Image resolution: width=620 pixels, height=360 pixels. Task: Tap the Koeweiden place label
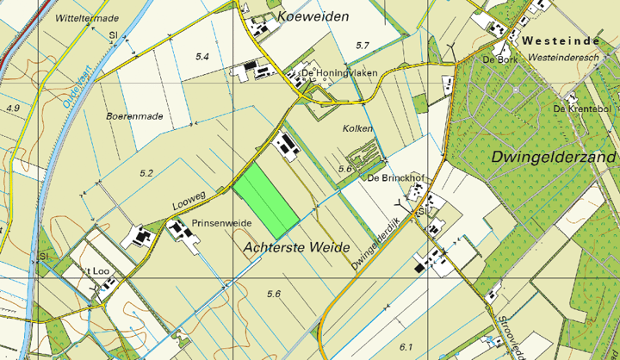click(x=313, y=17)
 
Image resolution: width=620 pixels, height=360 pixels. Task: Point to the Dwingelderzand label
click(x=554, y=158)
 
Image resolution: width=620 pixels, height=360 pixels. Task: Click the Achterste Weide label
click(x=297, y=247)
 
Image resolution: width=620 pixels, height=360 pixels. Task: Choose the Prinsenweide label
click(x=221, y=223)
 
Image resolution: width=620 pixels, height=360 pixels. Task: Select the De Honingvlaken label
click(x=340, y=74)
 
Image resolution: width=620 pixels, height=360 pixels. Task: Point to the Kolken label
click(x=346, y=127)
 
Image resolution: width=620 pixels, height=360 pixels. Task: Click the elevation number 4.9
click(x=12, y=109)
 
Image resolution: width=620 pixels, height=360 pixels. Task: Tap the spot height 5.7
click(x=362, y=45)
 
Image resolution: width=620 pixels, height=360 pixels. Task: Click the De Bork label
click(x=499, y=59)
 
